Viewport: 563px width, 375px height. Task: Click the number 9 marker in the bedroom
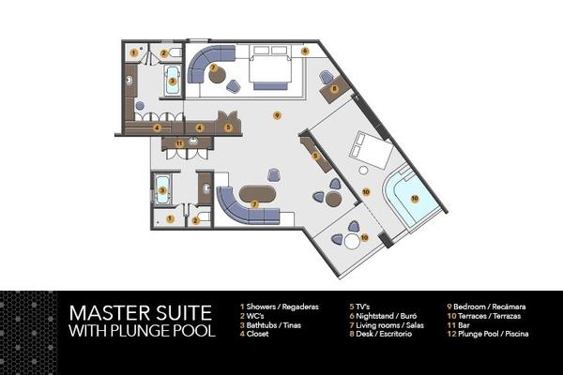(x=277, y=115)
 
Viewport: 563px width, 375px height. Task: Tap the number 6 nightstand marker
(x=305, y=51)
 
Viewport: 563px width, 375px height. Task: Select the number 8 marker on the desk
(x=334, y=88)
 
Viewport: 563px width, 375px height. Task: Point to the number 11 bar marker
(x=179, y=143)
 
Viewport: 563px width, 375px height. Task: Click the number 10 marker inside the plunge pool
(x=415, y=198)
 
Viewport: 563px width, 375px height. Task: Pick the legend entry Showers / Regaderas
(x=280, y=307)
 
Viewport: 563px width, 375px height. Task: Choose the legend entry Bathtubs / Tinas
(x=271, y=325)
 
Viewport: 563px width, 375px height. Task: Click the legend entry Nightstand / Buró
(x=383, y=316)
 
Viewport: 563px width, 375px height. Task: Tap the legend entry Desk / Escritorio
(x=381, y=334)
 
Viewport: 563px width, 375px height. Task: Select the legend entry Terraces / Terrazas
(x=484, y=316)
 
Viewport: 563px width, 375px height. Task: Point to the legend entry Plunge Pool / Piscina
(x=488, y=334)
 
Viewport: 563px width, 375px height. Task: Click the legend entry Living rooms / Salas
(x=387, y=325)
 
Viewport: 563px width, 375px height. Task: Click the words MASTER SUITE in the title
(x=141, y=313)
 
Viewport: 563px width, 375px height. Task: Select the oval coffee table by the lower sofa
(x=257, y=194)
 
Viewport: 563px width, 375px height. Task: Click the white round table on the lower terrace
(x=352, y=241)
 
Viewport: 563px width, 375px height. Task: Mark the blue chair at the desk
(x=327, y=77)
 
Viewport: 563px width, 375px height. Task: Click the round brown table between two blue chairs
(x=333, y=199)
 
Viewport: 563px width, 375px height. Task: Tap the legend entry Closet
(x=254, y=334)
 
